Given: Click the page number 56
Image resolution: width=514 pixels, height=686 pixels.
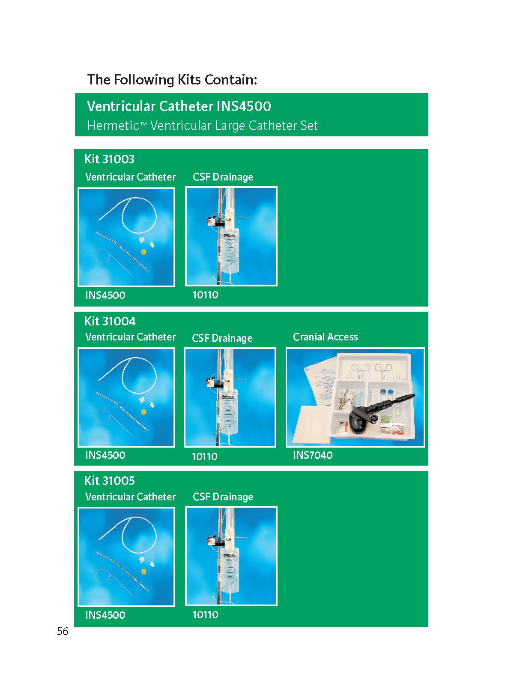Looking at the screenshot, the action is pyautogui.click(x=63, y=631).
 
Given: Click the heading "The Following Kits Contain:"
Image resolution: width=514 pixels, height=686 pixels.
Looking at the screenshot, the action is pyautogui.click(x=172, y=80).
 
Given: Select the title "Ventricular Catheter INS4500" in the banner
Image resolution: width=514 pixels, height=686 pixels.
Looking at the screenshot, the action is pyautogui.click(x=179, y=106).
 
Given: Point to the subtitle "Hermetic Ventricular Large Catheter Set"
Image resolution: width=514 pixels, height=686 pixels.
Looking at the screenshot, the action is pyautogui.click(x=202, y=126).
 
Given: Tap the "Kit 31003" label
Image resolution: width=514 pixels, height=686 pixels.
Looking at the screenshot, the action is pyautogui.click(x=109, y=159).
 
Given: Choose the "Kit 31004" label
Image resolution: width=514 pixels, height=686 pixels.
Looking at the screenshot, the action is pyautogui.click(x=110, y=321).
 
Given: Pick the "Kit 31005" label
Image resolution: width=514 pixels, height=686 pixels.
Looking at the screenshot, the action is pyautogui.click(x=110, y=480).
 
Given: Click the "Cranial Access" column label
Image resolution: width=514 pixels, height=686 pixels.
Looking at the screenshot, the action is pyautogui.click(x=325, y=337).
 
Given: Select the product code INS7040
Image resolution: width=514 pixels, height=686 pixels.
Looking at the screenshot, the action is pyautogui.click(x=313, y=455).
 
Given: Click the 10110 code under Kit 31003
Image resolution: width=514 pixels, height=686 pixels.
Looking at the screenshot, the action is pyautogui.click(x=205, y=295).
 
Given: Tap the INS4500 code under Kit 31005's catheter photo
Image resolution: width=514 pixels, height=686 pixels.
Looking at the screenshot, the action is pyautogui.click(x=105, y=615).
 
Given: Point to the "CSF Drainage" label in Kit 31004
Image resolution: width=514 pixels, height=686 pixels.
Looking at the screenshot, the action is pyautogui.click(x=222, y=338).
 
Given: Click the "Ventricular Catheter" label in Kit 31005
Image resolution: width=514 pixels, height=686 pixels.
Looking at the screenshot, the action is pyautogui.click(x=131, y=496).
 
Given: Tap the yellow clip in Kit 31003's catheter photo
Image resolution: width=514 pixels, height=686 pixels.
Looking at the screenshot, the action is pyautogui.click(x=144, y=252).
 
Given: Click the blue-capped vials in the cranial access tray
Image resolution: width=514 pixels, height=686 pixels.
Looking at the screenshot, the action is pyautogui.click(x=386, y=395).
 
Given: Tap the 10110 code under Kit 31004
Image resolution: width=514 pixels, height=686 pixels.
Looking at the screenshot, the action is pyautogui.click(x=204, y=456).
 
